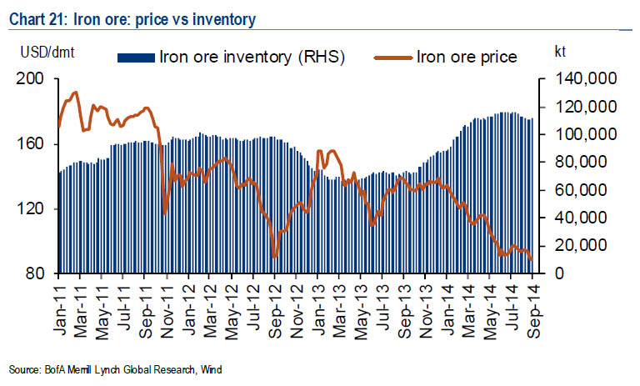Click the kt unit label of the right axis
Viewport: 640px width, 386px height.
[x=561, y=52]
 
